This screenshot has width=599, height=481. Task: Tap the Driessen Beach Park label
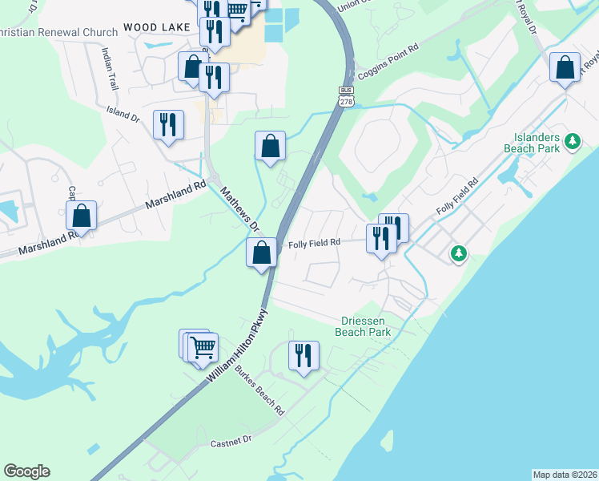pos(363,326)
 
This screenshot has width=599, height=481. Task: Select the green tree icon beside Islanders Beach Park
pos(572,142)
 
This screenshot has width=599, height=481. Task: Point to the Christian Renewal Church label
pos(56,28)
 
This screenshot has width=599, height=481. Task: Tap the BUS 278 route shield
pos(346,95)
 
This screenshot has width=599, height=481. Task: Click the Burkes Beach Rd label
pos(260,390)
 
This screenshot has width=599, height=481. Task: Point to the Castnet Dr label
pos(231,439)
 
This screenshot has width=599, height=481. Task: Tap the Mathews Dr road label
pos(239,207)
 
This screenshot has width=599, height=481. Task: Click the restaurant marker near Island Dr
pos(168,124)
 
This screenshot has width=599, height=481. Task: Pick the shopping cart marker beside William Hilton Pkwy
pos(203,347)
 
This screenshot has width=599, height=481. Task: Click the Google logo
pos(26,471)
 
